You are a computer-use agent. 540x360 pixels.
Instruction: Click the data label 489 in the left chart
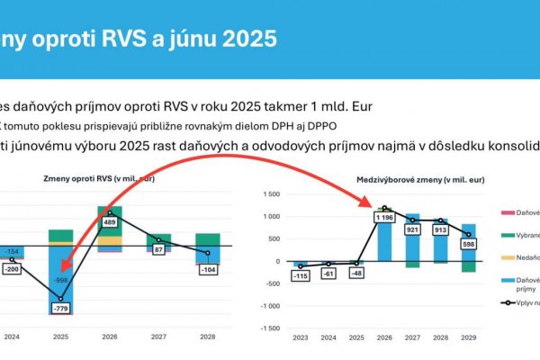point(110,222)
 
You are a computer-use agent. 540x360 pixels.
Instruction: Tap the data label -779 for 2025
point(60,310)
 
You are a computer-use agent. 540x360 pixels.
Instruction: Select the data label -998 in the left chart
point(60,280)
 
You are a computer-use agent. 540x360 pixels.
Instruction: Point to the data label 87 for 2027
point(159,248)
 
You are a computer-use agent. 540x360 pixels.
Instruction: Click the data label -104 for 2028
point(207,270)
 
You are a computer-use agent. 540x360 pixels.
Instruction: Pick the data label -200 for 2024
point(13,269)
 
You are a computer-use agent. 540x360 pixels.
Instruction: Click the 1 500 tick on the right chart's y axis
point(273,193)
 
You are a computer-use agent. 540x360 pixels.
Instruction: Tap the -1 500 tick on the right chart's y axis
point(271,328)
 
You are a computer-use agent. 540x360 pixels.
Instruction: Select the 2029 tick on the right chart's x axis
point(467,339)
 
